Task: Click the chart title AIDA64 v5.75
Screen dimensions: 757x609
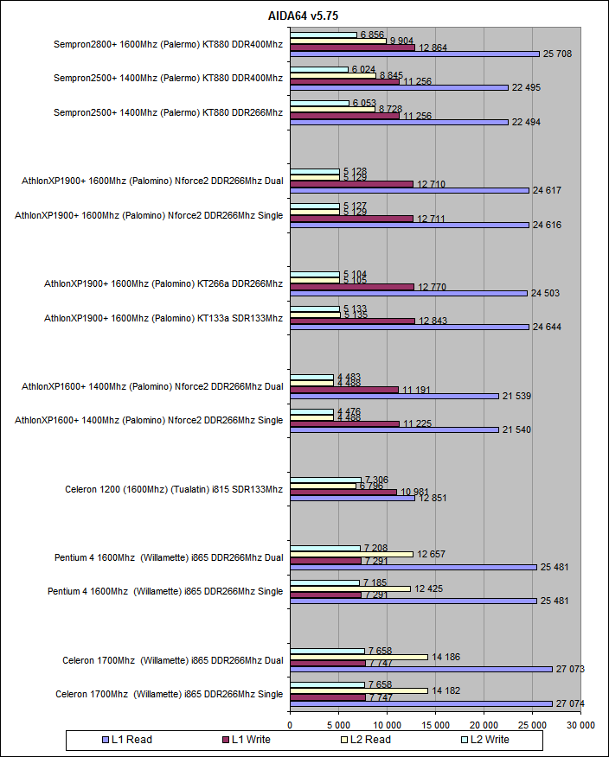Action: (x=303, y=14)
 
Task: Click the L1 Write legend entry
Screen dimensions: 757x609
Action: (x=251, y=739)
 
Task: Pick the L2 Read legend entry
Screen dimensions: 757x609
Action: (x=368, y=739)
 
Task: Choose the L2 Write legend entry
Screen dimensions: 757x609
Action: (x=485, y=739)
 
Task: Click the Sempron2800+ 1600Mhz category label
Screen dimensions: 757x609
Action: (x=168, y=44)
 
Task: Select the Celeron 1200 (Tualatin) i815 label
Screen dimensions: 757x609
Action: (x=174, y=489)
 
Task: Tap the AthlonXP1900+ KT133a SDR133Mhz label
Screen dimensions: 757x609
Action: (x=163, y=318)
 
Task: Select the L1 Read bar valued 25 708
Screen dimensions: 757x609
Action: (x=414, y=54)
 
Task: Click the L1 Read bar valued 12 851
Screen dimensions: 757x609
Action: (x=352, y=498)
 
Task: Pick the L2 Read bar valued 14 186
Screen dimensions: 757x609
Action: (x=358, y=657)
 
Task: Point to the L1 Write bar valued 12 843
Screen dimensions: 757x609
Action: (x=352, y=321)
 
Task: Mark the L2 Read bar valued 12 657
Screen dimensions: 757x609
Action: (x=351, y=554)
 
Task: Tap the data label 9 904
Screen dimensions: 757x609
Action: (x=404, y=40)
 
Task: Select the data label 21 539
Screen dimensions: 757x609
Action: (x=516, y=396)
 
